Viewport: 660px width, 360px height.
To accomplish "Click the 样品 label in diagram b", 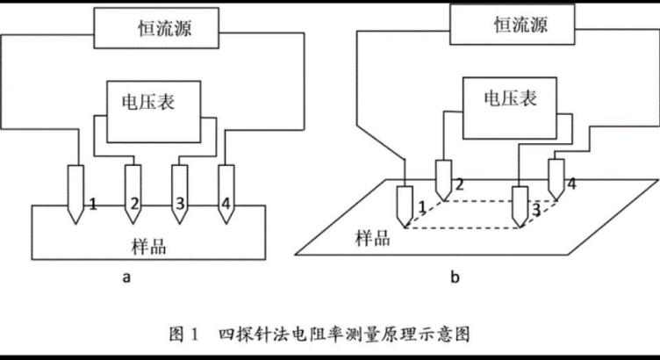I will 373,238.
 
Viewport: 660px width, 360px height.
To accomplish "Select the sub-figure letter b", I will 455,278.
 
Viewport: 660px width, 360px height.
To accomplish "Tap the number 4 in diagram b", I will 571,184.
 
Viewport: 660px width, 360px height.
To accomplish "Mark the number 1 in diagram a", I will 92,205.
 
